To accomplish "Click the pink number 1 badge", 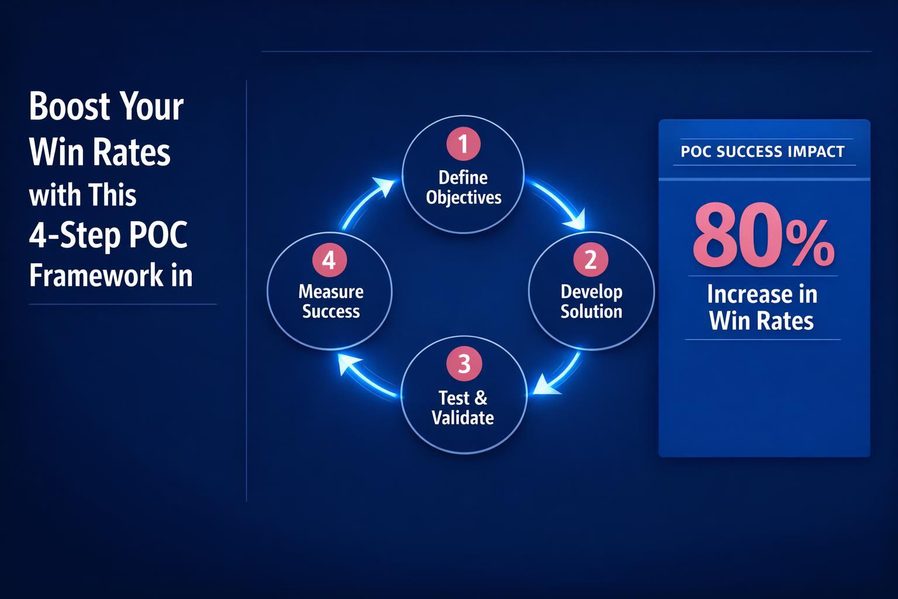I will [x=464, y=144].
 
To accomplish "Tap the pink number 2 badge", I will [x=590, y=259].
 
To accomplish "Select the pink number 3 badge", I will [x=464, y=364].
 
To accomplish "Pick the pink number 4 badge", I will [x=329, y=260].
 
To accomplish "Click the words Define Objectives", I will [x=464, y=187].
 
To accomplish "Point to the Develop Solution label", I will [x=591, y=301].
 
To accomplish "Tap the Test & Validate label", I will [x=462, y=408].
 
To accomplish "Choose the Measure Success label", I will [x=331, y=301].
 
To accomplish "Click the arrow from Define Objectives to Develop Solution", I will [x=562, y=202].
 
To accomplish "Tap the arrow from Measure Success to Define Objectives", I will [x=365, y=202].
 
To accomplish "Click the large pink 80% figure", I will [x=763, y=240].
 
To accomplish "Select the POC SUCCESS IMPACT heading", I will [x=762, y=152].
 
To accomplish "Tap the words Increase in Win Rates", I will [x=762, y=307].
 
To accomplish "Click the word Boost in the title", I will [x=70, y=106].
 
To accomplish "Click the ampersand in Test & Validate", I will [x=481, y=398].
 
